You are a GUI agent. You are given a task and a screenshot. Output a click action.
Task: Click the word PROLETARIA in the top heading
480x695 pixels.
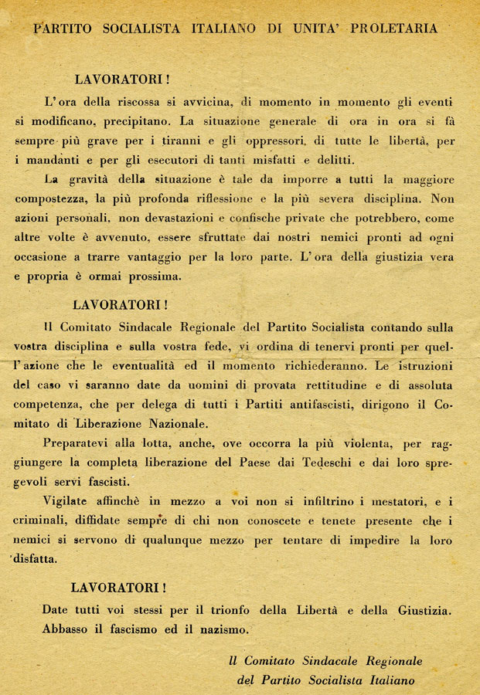pos(393,29)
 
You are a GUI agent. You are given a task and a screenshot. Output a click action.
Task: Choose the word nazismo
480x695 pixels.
pos(222,629)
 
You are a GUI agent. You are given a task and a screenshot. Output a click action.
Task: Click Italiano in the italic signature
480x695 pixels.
pos(381,681)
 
